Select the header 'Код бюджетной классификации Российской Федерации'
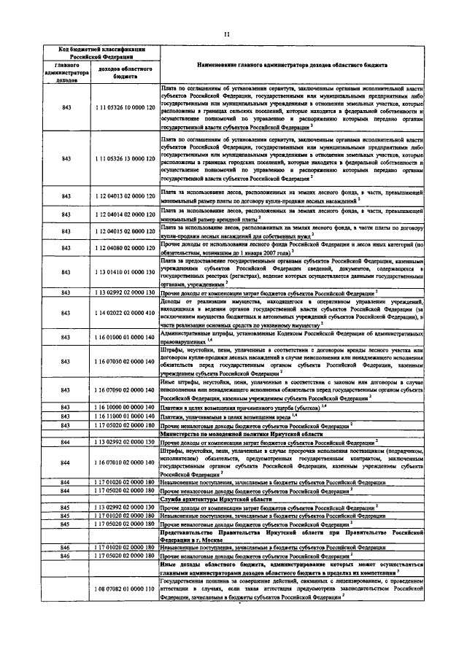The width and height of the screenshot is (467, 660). (102, 53)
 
